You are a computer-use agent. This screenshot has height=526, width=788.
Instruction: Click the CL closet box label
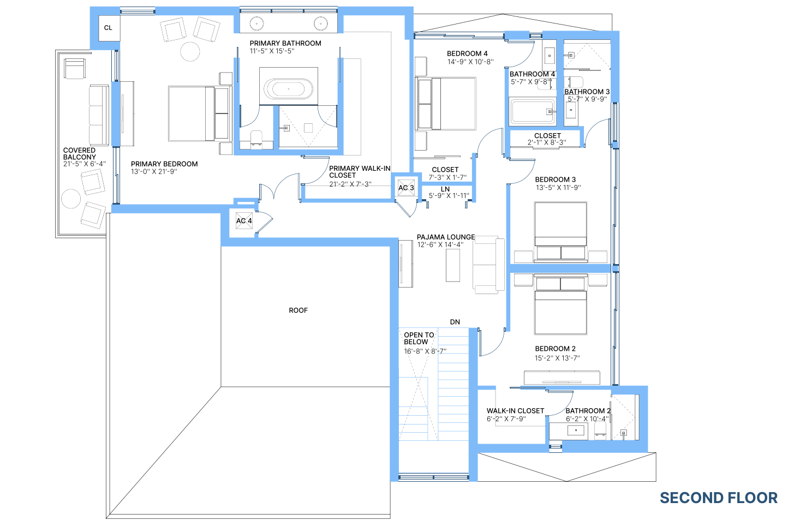click(108, 28)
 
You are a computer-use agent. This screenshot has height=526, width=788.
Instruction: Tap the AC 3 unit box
click(406, 188)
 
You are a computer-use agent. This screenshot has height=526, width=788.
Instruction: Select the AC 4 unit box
click(244, 221)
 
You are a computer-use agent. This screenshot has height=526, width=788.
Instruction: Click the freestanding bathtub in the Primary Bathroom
click(289, 88)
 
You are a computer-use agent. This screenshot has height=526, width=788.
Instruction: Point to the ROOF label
click(299, 310)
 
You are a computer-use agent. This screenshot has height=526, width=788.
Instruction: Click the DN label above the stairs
click(455, 322)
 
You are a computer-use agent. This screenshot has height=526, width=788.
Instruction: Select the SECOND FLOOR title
click(719, 498)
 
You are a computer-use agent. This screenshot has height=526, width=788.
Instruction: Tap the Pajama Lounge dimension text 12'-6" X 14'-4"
click(440, 244)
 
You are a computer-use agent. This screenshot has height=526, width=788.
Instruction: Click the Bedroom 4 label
click(467, 53)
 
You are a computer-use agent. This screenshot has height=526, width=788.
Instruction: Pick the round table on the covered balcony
click(71, 199)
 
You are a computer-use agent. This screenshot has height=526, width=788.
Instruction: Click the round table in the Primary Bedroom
click(190, 51)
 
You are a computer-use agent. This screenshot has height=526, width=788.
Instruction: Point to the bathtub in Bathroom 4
click(532, 111)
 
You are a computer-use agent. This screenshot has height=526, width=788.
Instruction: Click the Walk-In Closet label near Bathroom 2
click(515, 411)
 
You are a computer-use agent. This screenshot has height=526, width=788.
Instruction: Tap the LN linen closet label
click(445, 189)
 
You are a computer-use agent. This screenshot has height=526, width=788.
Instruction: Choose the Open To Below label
click(419, 338)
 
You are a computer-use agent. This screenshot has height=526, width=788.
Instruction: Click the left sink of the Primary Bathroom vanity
click(257, 24)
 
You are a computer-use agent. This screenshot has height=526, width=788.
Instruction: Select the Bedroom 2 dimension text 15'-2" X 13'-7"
click(557, 358)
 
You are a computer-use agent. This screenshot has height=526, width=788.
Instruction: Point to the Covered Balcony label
click(80, 154)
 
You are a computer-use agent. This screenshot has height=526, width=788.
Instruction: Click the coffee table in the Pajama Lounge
click(453, 265)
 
